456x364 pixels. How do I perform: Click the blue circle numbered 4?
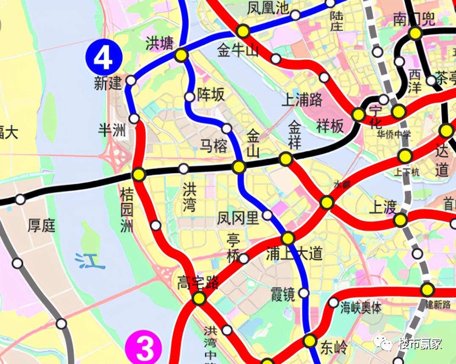(104, 57)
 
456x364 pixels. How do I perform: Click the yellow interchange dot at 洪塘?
(181, 55)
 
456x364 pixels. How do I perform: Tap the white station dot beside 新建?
(131, 80)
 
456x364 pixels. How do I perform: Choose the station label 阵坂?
(211, 95)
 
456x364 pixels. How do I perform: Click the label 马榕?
(214, 146)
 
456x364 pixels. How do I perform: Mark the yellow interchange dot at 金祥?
(286, 159)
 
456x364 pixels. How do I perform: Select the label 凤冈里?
(238, 218)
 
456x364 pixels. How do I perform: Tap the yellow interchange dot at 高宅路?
(199, 298)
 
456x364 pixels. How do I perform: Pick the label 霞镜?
(283, 295)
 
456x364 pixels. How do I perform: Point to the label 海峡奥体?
(361, 308)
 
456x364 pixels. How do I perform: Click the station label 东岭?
(334, 347)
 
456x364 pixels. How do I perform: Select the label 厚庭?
(42, 225)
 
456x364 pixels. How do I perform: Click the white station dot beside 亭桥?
(244, 258)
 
